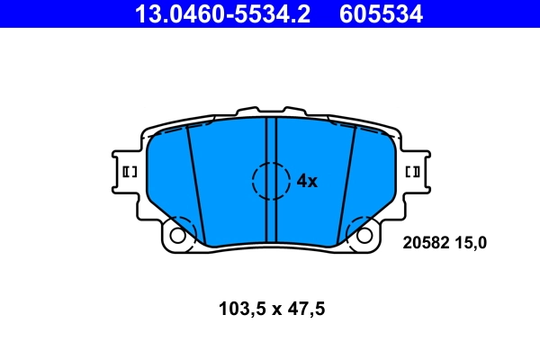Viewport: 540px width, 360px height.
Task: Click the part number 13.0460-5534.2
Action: (x=222, y=13)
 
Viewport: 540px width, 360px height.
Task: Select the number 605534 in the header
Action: (x=380, y=13)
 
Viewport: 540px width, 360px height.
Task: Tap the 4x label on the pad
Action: (x=307, y=181)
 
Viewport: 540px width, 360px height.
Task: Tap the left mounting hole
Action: (x=177, y=236)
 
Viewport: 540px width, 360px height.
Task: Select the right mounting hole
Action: (x=364, y=236)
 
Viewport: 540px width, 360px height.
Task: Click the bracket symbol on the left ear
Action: (x=127, y=171)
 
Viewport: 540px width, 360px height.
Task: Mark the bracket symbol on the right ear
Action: (x=414, y=171)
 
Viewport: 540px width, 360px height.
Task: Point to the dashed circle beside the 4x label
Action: (x=271, y=180)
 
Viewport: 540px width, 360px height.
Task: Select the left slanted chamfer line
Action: (x=196, y=184)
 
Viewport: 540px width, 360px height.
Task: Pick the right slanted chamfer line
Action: (x=346, y=184)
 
